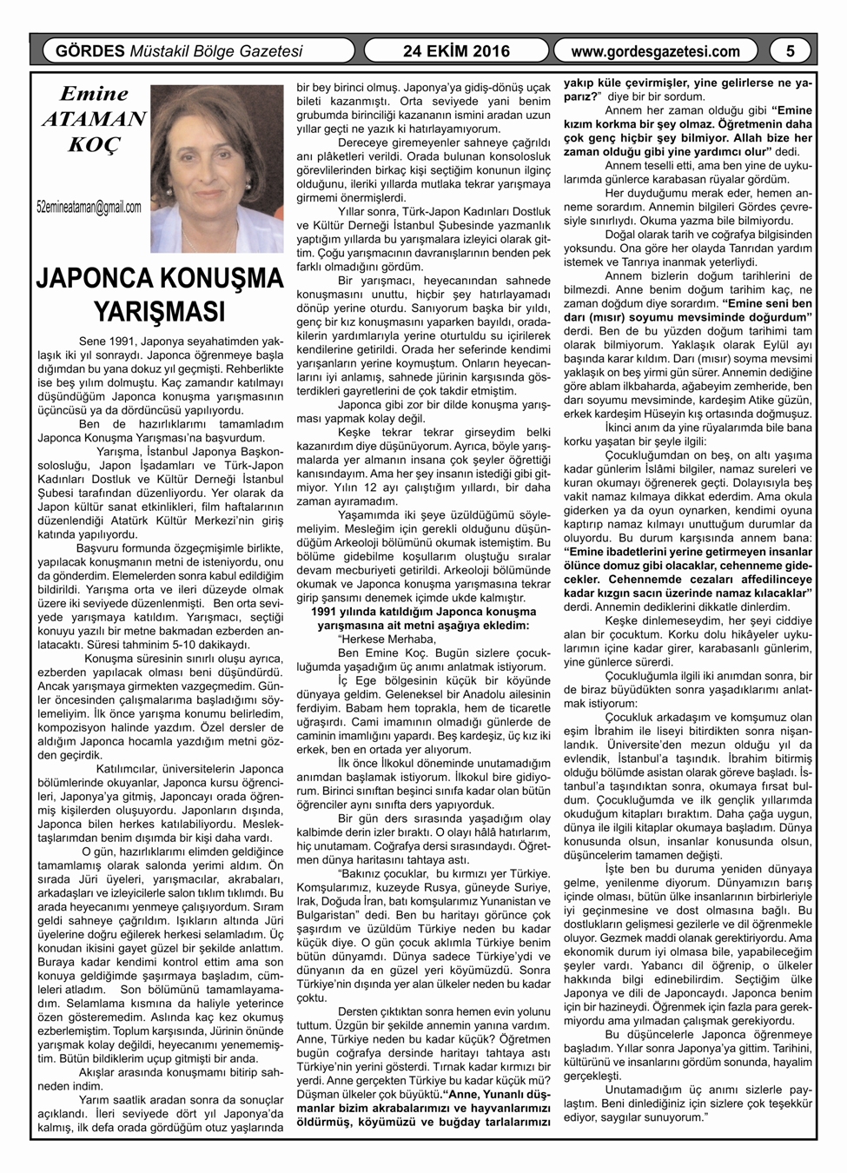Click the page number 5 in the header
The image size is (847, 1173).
click(791, 51)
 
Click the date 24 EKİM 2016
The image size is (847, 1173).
click(456, 51)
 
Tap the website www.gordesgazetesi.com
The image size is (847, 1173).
click(656, 51)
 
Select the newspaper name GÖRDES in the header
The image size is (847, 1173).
click(89, 51)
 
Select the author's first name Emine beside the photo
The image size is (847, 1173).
click(94, 94)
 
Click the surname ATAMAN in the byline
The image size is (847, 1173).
click(94, 119)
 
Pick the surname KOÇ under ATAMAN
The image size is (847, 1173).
click(94, 144)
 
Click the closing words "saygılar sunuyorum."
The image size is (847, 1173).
click(652, 1117)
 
